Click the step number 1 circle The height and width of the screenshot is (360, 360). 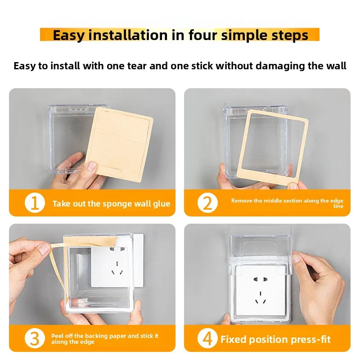[x=35, y=203]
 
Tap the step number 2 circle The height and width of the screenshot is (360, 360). [x=207, y=203]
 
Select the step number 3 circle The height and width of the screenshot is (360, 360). [x=35, y=339]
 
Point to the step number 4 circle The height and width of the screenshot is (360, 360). [x=207, y=339]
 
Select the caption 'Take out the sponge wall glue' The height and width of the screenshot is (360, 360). [x=111, y=204]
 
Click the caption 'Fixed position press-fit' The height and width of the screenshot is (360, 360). [x=275, y=339]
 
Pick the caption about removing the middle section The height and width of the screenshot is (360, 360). [x=287, y=203]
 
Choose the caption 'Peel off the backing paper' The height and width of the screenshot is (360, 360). [x=104, y=339]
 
